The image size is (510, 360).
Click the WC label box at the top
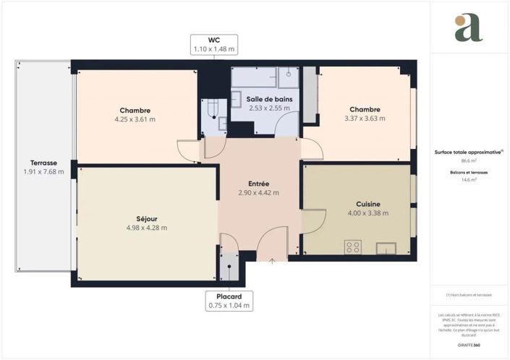pos(213,44)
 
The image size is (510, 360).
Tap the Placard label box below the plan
pos(228,301)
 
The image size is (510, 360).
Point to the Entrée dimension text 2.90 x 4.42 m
pos(258,193)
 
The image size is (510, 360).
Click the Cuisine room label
pos(367,204)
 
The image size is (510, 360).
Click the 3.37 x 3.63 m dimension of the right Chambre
pos(365,119)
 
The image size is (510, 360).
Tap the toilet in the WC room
pos(215,109)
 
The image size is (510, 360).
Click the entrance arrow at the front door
pos(272,261)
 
